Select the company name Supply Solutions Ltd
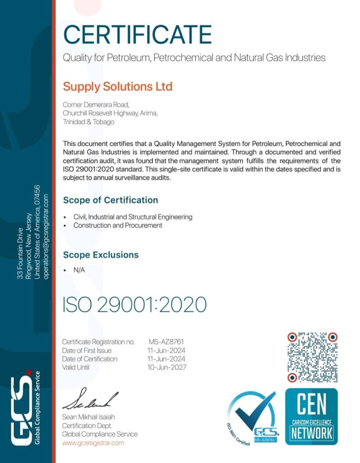pyautogui.click(x=117, y=87)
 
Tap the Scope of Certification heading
pyautogui.click(x=111, y=200)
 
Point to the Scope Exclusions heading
pyautogui.click(x=101, y=255)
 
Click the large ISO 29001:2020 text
pyautogui.click(x=135, y=304)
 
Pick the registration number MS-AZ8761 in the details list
pyautogui.click(x=167, y=342)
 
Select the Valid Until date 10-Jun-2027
pyautogui.click(x=167, y=367)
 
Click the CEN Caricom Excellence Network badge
pyautogui.click(x=312, y=416)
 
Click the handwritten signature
pyautogui.click(x=90, y=399)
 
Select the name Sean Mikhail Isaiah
pyautogui.click(x=89, y=417)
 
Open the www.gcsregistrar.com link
pyautogui.click(x=93, y=443)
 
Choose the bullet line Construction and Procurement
pyautogui.click(x=118, y=225)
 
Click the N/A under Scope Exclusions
pyautogui.click(x=79, y=271)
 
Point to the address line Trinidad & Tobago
pyautogui.click(x=89, y=122)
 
